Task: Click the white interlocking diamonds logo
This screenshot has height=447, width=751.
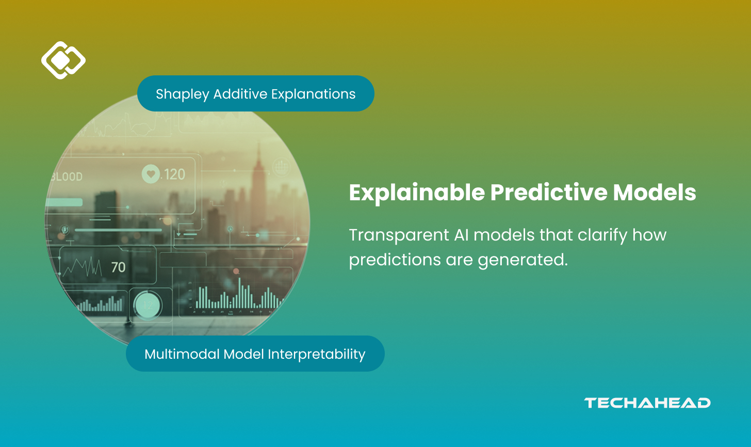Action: tap(63, 60)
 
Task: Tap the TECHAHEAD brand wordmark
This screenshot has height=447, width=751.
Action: tap(647, 403)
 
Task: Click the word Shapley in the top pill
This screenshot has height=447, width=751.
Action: tap(183, 94)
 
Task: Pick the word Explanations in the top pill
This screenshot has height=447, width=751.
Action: tap(313, 94)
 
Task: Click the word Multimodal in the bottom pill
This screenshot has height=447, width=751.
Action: tap(182, 354)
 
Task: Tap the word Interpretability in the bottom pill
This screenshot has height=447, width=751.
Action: tap(317, 355)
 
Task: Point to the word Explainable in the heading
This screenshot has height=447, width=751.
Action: tap(417, 193)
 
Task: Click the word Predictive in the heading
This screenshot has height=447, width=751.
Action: tap(549, 193)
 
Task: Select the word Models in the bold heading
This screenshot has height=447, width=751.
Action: tap(655, 193)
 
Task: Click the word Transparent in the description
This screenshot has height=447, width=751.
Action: tap(399, 235)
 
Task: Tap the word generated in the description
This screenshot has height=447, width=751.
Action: tap(523, 260)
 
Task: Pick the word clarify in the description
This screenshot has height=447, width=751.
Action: tap(602, 235)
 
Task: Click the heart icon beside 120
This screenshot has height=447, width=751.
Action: tap(151, 174)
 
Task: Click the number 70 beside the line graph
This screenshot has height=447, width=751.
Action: tap(118, 267)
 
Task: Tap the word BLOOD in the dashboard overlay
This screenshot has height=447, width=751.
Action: tap(67, 177)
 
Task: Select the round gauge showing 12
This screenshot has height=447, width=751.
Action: tap(148, 305)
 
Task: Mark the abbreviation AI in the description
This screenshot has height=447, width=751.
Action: tap(461, 235)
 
